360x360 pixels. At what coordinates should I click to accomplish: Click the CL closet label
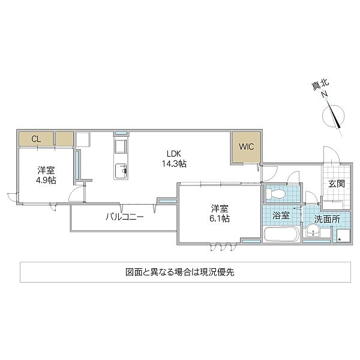pos(36,139)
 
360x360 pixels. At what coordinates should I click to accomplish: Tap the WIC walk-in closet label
pos(246,147)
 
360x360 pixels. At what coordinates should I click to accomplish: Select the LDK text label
pos(174,153)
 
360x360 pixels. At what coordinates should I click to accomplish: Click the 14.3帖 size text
pos(174,163)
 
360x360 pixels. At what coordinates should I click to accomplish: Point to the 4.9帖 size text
pos(46,180)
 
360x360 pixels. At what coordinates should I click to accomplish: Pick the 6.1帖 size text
pos(220,218)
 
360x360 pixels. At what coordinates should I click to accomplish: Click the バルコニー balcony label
pos(125,217)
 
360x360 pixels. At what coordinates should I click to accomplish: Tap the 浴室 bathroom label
pos(281,215)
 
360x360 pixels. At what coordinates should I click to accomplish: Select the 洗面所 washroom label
pos(327,219)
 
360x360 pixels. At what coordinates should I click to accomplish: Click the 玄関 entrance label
pos(337,184)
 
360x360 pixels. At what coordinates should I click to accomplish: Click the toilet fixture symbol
pos(275,194)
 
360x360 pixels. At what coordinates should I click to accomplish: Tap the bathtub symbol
pos(281,234)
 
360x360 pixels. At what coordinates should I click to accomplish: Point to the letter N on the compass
pos(325,95)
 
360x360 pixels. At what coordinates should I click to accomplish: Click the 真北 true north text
pos(320,85)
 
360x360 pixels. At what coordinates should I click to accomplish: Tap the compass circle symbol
pos(334,116)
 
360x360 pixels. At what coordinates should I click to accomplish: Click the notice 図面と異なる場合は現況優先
pos(180,272)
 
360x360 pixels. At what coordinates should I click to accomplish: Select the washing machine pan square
pos(343,236)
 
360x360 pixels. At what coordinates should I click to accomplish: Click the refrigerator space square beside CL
pos(83,139)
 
